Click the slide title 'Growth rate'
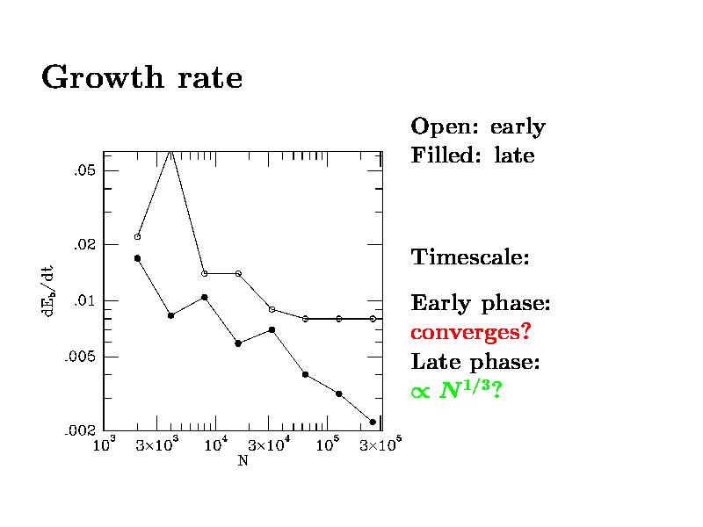click(141, 78)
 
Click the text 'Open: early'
click(478, 127)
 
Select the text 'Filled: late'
click(472, 157)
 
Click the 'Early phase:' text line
click(481, 305)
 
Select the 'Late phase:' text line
click(475, 362)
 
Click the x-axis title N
click(243, 460)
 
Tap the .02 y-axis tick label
click(83, 244)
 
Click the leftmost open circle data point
click(137, 236)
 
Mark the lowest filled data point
click(373, 422)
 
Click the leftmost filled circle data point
click(137, 258)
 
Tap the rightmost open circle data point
click(373, 319)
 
